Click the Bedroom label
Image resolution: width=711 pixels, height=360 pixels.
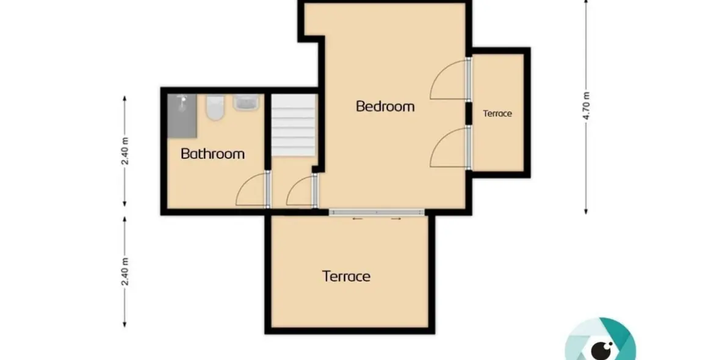point(385,106)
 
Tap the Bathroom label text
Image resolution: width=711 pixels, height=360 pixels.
point(212,153)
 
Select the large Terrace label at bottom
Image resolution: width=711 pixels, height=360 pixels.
point(347,276)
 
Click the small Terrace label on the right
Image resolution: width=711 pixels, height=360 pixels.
point(497,113)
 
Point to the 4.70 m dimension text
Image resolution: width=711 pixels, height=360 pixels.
point(586,106)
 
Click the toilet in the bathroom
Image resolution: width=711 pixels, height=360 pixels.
point(215,107)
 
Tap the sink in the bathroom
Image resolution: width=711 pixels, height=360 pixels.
point(246,103)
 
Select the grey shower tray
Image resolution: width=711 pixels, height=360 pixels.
point(182,115)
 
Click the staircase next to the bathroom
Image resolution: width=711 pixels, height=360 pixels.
point(294,126)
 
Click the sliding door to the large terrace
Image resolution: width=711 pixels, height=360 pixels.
point(377,212)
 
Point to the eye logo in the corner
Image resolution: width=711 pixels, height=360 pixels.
point(601,340)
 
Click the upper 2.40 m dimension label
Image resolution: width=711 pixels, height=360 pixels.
point(126,151)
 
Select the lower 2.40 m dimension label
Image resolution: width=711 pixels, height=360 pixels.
point(126,271)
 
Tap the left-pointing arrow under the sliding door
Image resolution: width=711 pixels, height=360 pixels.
point(358,219)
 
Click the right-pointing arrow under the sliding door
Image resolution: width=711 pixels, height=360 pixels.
point(396,219)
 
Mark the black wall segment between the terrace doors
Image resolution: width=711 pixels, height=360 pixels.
point(469,113)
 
